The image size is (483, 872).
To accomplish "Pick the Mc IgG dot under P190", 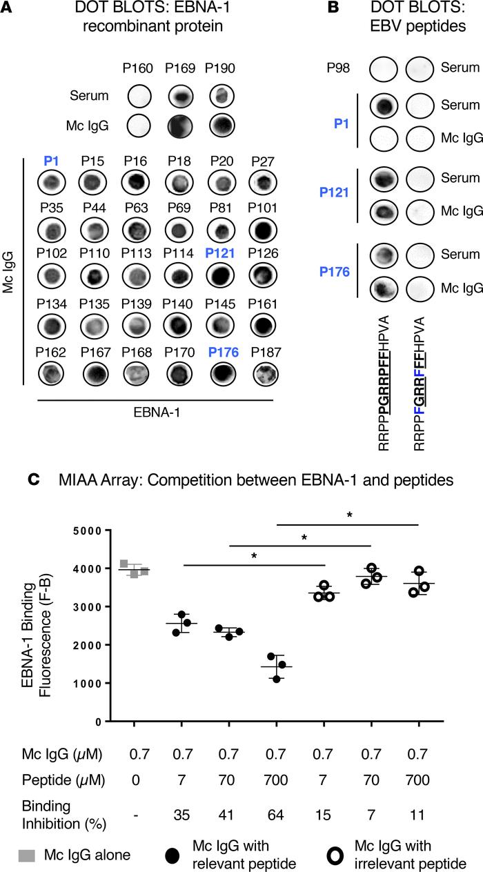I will pos(220,125).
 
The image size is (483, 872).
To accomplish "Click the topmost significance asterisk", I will pos(348,515).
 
